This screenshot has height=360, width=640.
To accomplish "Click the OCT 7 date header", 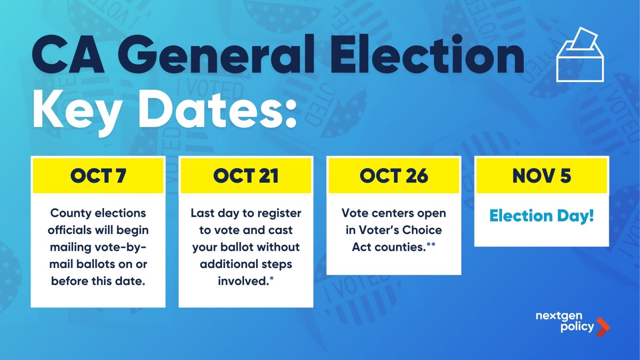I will pos(98,176).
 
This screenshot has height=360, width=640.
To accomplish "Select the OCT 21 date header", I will pos(246,176).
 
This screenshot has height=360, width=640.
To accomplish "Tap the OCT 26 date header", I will pos(394,176).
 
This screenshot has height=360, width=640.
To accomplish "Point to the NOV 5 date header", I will pos(542,176).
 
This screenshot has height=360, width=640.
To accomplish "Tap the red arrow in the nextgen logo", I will pos(603,327).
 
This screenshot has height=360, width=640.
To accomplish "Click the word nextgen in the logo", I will pos(559,316).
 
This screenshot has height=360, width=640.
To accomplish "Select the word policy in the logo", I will pos(577,327).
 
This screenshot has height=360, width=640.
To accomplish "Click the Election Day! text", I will pos(542,216).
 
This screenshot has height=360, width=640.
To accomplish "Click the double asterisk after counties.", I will pos(431,244).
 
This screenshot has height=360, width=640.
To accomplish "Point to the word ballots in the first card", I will pos(96,264).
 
